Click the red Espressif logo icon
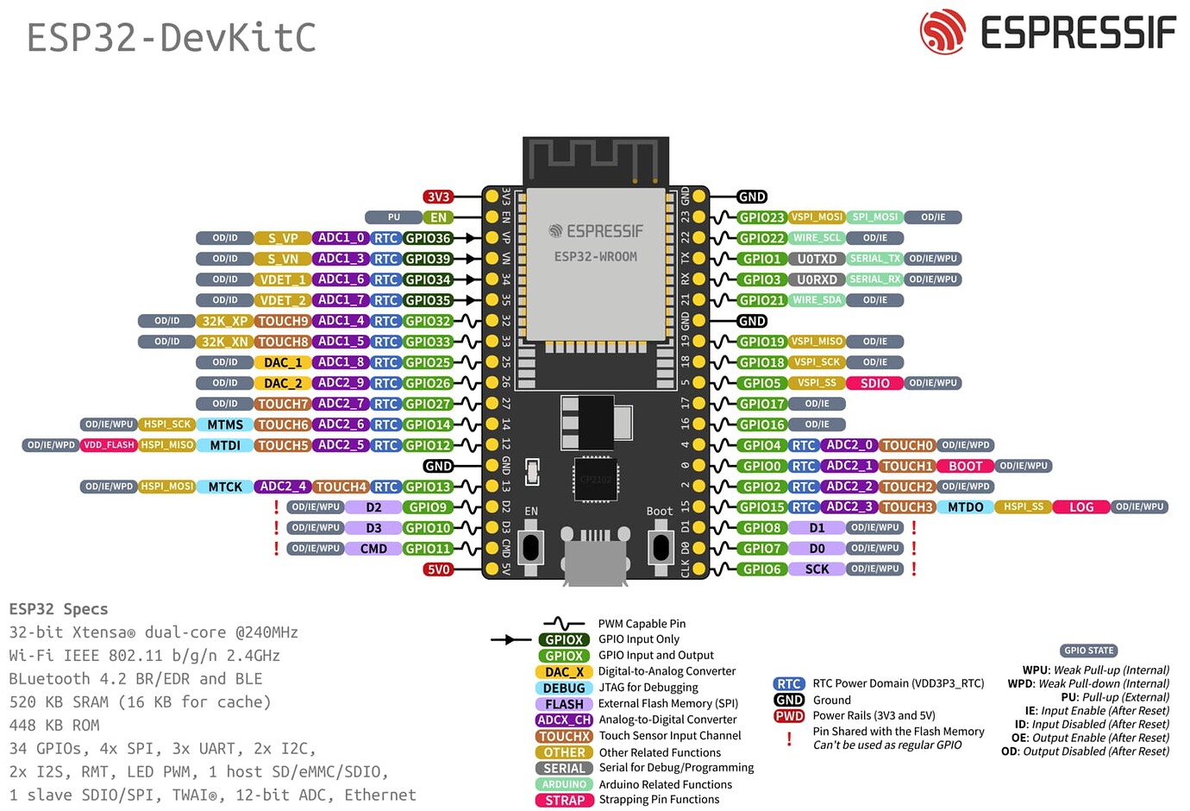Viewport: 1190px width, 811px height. [943, 32]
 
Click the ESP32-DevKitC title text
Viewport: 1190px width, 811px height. [172, 38]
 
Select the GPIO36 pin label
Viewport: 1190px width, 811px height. [429, 238]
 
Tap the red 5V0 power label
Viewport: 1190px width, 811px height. [439, 569]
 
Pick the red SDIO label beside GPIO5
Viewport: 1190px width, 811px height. [874, 383]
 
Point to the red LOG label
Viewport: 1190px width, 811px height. [1081, 507]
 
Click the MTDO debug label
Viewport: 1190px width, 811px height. [965, 507]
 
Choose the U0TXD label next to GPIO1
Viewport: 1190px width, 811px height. [817, 259]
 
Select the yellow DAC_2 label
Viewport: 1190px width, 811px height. [283, 383]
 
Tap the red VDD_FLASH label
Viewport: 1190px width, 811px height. [109, 445]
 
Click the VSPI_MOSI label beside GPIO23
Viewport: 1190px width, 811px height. [817, 217]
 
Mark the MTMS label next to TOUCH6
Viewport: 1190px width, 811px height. [225, 424]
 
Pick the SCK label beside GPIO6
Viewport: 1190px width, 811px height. [817, 569]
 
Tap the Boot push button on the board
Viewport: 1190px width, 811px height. [661, 547]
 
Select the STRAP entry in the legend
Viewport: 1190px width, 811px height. [565, 801]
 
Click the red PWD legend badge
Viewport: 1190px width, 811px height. [789, 716]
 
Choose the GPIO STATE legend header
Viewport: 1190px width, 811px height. [1089, 651]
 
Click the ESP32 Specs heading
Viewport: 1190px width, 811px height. [59, 609]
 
